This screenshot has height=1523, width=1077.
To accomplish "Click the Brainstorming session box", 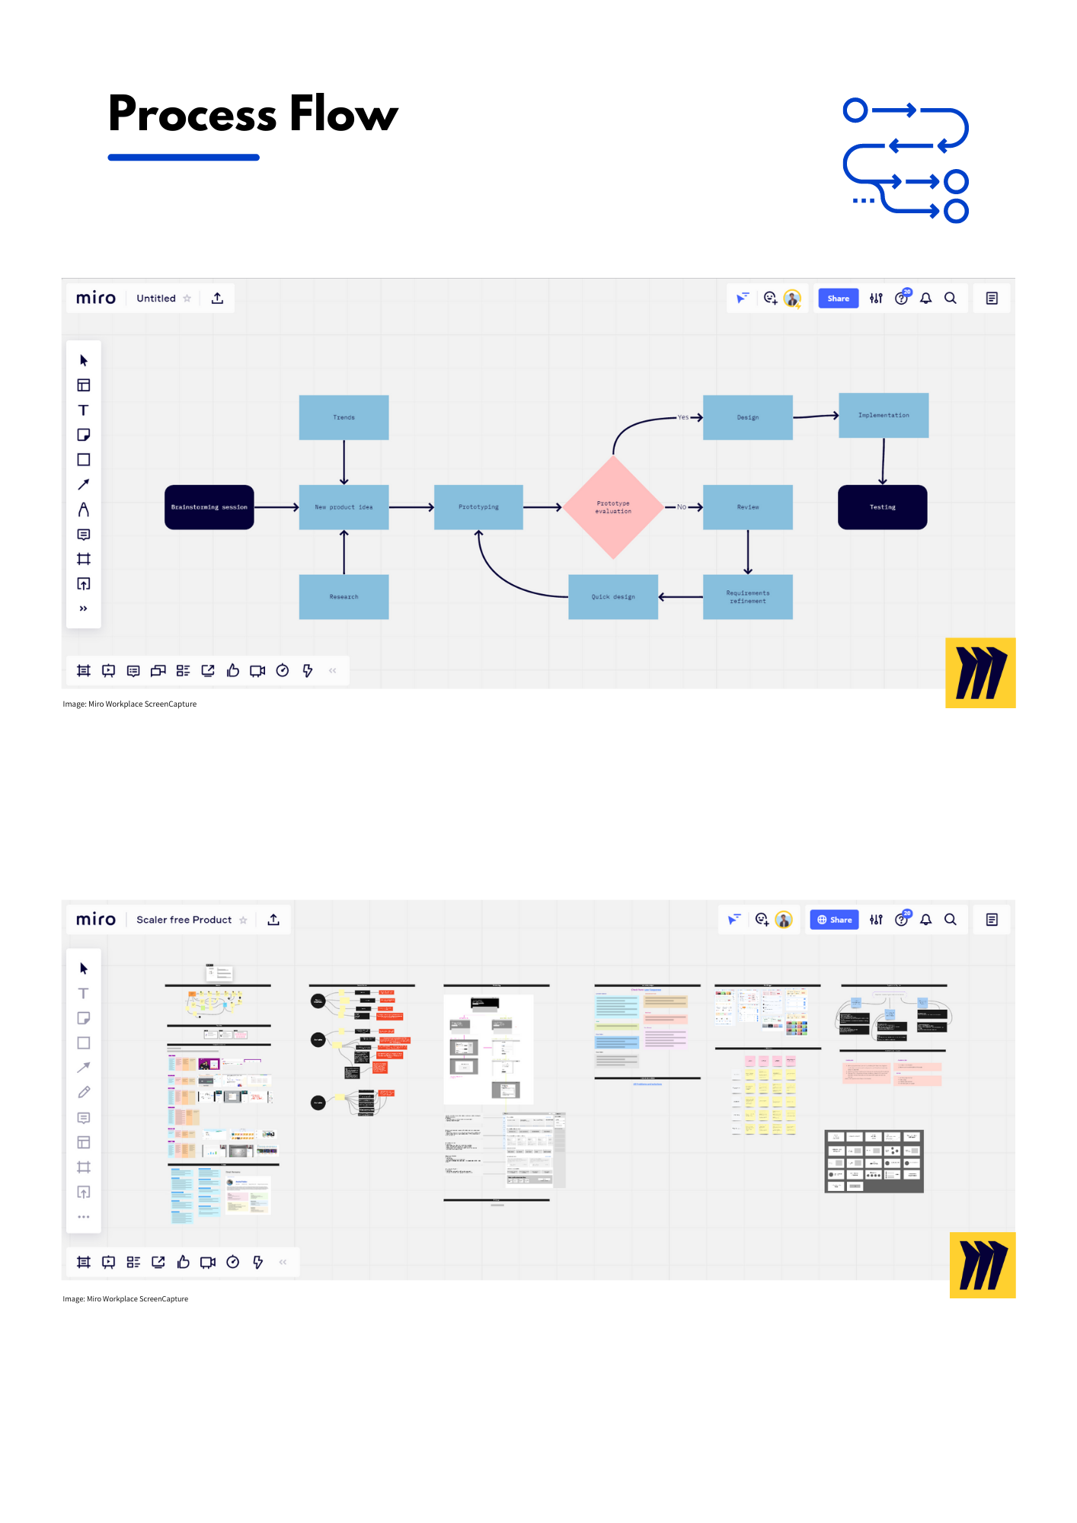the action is pos(209,507).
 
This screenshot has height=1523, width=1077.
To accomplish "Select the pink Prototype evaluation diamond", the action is pos(613,507).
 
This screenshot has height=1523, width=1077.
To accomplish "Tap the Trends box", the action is pos(344,417).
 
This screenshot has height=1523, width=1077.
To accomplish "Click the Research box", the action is pos(344,597).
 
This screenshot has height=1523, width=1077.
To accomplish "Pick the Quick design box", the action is pos(613,597).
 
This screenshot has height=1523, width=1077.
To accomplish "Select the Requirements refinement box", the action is pos(748,597).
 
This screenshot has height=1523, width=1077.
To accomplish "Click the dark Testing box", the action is pos(883,507).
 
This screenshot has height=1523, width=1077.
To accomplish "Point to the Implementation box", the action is pos(884,415).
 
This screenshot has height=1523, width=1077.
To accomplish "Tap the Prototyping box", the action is pos(478,507).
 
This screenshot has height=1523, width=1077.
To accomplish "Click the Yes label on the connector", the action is pos(682,417).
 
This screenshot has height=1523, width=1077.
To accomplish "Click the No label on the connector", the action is pos(681,507).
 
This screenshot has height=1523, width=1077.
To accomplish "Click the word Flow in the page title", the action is pos(344,114).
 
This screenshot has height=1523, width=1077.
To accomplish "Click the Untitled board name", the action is pos(156,299).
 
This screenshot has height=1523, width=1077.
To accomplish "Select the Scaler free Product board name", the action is pos(184,920).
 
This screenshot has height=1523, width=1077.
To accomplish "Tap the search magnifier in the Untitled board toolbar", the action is pos(951,299).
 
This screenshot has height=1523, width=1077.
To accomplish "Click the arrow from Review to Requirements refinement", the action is pos(748,552).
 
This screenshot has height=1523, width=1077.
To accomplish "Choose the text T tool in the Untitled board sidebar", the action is pos(84,410).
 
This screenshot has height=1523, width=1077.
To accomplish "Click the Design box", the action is pos(748,417).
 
